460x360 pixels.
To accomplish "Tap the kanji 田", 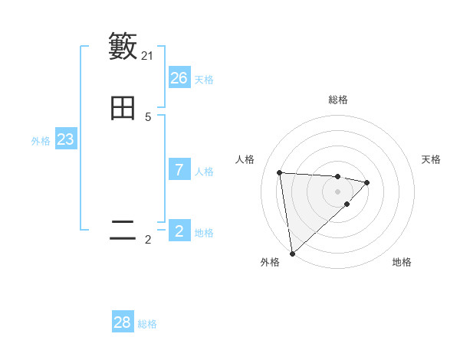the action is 123,109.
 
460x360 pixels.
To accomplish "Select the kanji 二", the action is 123,231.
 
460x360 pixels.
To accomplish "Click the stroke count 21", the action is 147,56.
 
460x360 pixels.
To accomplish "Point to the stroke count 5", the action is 148,117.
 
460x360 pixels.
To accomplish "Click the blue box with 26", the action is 179,78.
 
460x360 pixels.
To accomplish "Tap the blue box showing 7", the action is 179,170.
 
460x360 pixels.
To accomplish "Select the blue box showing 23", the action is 65,139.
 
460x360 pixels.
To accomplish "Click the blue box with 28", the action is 123,322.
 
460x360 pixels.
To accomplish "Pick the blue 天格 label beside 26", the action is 204,80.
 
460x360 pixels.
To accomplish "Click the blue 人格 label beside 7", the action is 204,172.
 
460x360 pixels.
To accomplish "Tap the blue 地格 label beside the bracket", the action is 204,233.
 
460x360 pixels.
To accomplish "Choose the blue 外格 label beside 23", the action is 41,141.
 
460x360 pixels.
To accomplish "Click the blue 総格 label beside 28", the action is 147,324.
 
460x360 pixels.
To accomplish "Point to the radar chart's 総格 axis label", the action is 338,100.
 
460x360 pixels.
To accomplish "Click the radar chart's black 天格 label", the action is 431,159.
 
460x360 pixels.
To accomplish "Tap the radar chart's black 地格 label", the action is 402,262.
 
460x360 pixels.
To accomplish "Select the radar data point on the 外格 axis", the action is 292,253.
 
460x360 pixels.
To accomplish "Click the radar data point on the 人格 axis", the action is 280,172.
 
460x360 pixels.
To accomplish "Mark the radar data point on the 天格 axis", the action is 367,182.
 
